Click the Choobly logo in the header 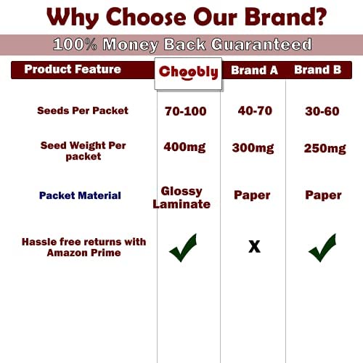(188, 73)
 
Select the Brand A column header (254, 70)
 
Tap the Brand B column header (318, 70)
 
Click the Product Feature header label (73, 69)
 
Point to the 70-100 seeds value (186, 111)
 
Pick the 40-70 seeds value (255, 111)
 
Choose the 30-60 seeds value (322, 111)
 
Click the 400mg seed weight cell (184, 147)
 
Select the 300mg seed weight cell (253, 148)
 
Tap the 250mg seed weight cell (325, 149)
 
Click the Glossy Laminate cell (181, 197)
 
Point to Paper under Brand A (252, 195)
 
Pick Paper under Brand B (323, 195)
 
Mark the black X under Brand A (255, 247)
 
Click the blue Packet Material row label (80, 195)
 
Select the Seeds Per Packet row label (83, 110)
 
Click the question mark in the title (319, 17)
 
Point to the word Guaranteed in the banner (261, 44)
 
